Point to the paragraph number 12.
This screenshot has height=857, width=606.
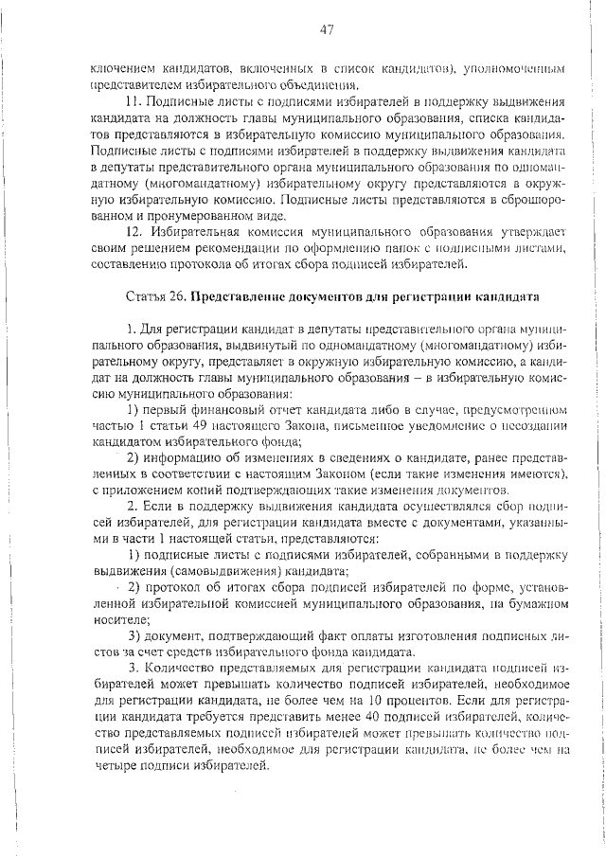[x=134, y=231]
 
